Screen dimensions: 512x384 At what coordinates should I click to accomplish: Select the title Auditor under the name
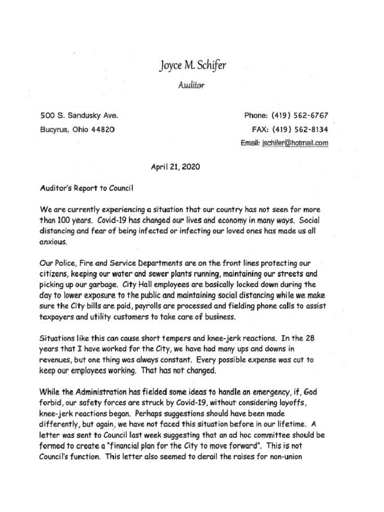pos(191,85)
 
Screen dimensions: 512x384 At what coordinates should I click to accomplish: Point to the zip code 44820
pos(103,129)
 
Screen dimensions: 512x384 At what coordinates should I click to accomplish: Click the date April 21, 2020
pos(175,167)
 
